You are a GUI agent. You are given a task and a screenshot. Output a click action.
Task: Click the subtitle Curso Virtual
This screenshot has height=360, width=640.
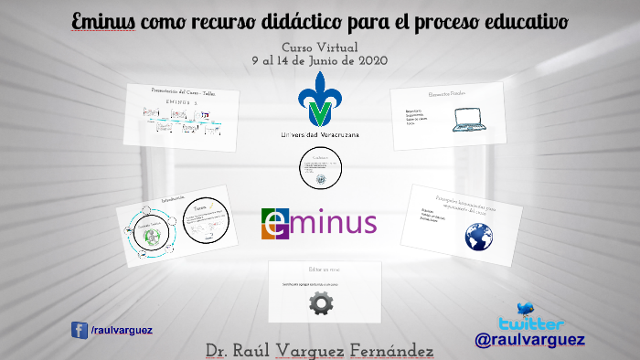point(319,48)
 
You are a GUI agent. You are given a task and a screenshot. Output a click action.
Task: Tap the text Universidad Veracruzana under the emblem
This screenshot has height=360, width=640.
point(320,135)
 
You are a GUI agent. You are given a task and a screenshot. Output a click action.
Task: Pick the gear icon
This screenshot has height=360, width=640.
point(321,303)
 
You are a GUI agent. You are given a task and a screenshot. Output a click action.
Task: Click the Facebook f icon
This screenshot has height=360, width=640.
point(80,331)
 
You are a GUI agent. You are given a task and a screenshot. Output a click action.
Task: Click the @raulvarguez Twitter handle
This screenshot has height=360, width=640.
point(530,340)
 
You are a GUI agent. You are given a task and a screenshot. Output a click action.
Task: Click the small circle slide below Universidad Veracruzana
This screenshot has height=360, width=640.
point(320,170)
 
